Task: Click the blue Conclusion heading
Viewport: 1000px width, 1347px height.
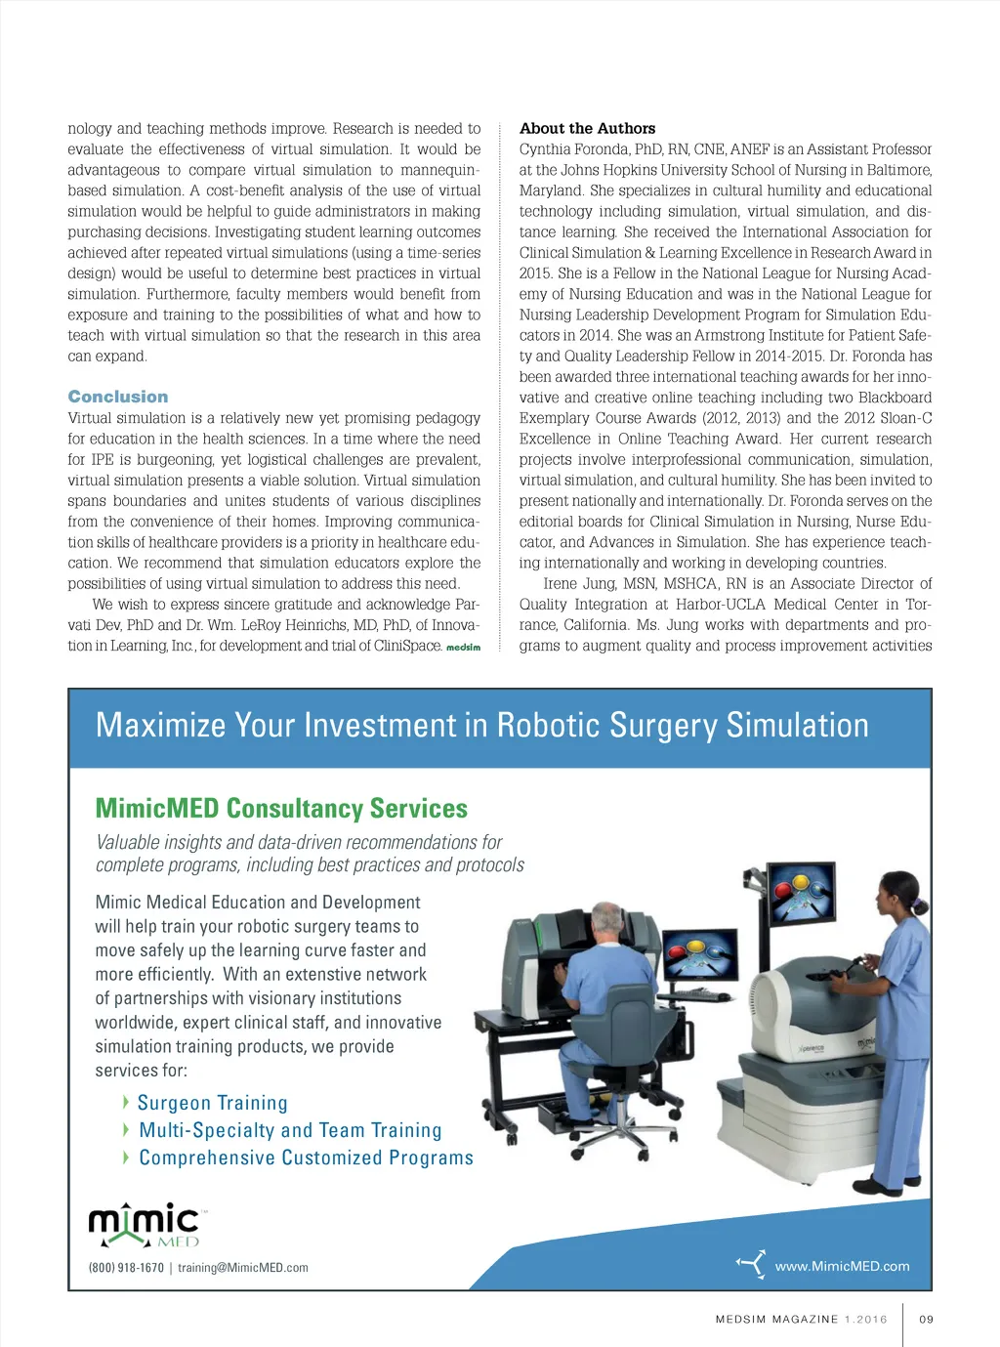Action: pyautogui.click(x=117, y=397)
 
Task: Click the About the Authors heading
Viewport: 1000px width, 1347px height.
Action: pyautogui.click(x=587, y=128)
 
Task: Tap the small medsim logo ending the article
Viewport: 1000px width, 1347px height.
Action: pyautogui.click(x=463, y=648)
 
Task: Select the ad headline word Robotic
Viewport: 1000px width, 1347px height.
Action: pyautogui.click(x=556, y=726)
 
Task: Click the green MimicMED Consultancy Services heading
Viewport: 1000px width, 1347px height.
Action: pyautogui.click(x=281, y=809)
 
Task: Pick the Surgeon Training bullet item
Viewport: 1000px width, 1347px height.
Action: pyautogui.click(x=212, y=1103)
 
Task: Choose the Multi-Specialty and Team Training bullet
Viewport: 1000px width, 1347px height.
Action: pyautogui.click(x=290, y=1130)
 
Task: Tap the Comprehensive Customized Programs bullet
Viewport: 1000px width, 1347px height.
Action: pyautogui.click(x=306, y=1158)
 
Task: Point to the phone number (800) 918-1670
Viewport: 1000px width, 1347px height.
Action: pyautogui.click(x=126, y=1268)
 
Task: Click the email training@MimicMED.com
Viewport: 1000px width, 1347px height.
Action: pyautogui.click(x=243, y=1268)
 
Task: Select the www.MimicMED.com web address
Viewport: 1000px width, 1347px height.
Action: pyautogui.click(x=842, y=1266)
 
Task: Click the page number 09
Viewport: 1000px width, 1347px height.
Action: pyautogui.click(x=927, y=1319)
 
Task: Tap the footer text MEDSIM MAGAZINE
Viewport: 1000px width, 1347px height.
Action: pyautogui.click(x=776, y=1319)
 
